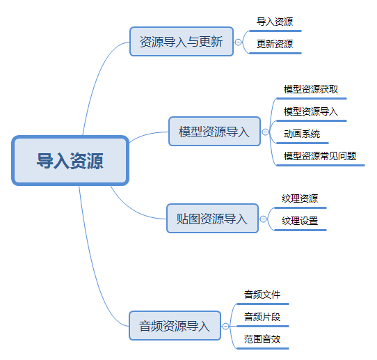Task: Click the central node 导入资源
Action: tap(70, 161)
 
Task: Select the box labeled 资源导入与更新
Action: tap(182, 41)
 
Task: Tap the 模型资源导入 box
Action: tap(214, 132)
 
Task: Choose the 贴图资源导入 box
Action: tap(213, 219)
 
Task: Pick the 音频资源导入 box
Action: tap(175, 326)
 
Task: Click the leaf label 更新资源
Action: tap(275, 44)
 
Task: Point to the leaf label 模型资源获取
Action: tap(311, 89)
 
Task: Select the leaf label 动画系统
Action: tap(302, 134)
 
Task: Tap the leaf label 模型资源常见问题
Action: tap(320, 156)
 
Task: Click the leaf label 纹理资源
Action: tap(300, 198)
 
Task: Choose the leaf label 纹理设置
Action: tap(300, 221)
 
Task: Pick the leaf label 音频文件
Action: tap(262, 295)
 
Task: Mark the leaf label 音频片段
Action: tap(262, 317)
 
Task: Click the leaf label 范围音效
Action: tap(262, 339)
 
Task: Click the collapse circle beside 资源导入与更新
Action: tap(238, 42)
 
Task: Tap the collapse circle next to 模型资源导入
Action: tap(265, 132)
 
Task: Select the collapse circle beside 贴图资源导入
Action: tap(264, 219)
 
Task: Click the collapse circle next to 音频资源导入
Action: tap(225, 326)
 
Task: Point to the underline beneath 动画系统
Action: tap(303, 143)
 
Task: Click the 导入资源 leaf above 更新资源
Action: tap(275, 22)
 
